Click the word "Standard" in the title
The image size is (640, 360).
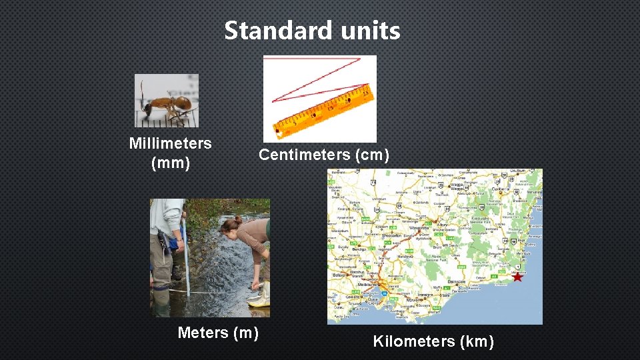point(277,31)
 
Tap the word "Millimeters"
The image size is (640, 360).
point(170,143)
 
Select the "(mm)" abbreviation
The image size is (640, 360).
point(171,163)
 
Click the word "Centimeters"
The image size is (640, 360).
point(305,155)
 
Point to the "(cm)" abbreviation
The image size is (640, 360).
point(373,155)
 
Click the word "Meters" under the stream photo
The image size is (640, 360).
point(203,332)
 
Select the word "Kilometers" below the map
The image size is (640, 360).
point(413,342)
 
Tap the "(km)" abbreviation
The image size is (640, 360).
point(477,342)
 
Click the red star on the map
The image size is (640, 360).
point(517,277)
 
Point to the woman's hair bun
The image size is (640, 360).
point(224,221)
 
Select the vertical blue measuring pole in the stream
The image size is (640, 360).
point(187,260)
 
